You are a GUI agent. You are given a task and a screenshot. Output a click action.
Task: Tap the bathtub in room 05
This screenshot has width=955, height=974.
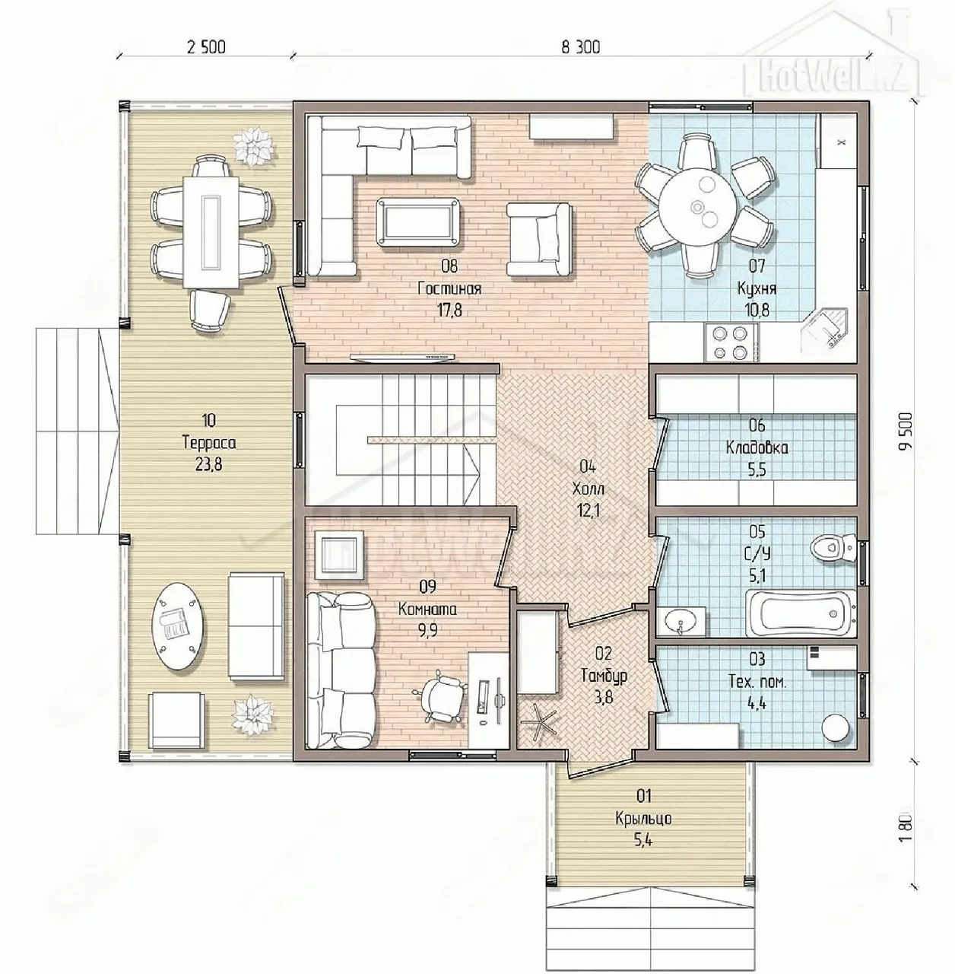point(801,613)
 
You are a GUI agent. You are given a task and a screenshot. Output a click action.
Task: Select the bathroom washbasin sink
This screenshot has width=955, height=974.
point(681,621)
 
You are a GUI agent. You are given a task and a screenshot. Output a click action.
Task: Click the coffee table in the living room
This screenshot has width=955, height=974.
point(418,223)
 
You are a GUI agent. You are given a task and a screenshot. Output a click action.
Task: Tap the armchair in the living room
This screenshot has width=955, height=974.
point(538,239)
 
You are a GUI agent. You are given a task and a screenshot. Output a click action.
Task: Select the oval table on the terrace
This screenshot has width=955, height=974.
point(179,627)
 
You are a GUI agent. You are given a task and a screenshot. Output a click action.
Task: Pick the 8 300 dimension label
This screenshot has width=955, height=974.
point(581,47)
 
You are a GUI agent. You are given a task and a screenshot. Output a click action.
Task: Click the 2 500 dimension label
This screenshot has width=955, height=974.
point(206,47)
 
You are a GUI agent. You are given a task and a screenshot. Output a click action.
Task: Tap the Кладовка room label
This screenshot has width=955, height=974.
point(757,447)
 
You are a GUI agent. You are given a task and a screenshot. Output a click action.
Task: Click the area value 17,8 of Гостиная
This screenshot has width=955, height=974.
point(449,310)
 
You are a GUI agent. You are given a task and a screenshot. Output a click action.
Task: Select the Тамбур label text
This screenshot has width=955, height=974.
point(604,676)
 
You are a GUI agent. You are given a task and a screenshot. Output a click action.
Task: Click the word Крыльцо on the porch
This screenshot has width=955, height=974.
point(643,818)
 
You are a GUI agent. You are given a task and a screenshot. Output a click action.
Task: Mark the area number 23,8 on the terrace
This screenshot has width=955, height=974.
point(208,464)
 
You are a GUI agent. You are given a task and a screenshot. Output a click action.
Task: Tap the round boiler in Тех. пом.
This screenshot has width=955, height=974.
point(836,728)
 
